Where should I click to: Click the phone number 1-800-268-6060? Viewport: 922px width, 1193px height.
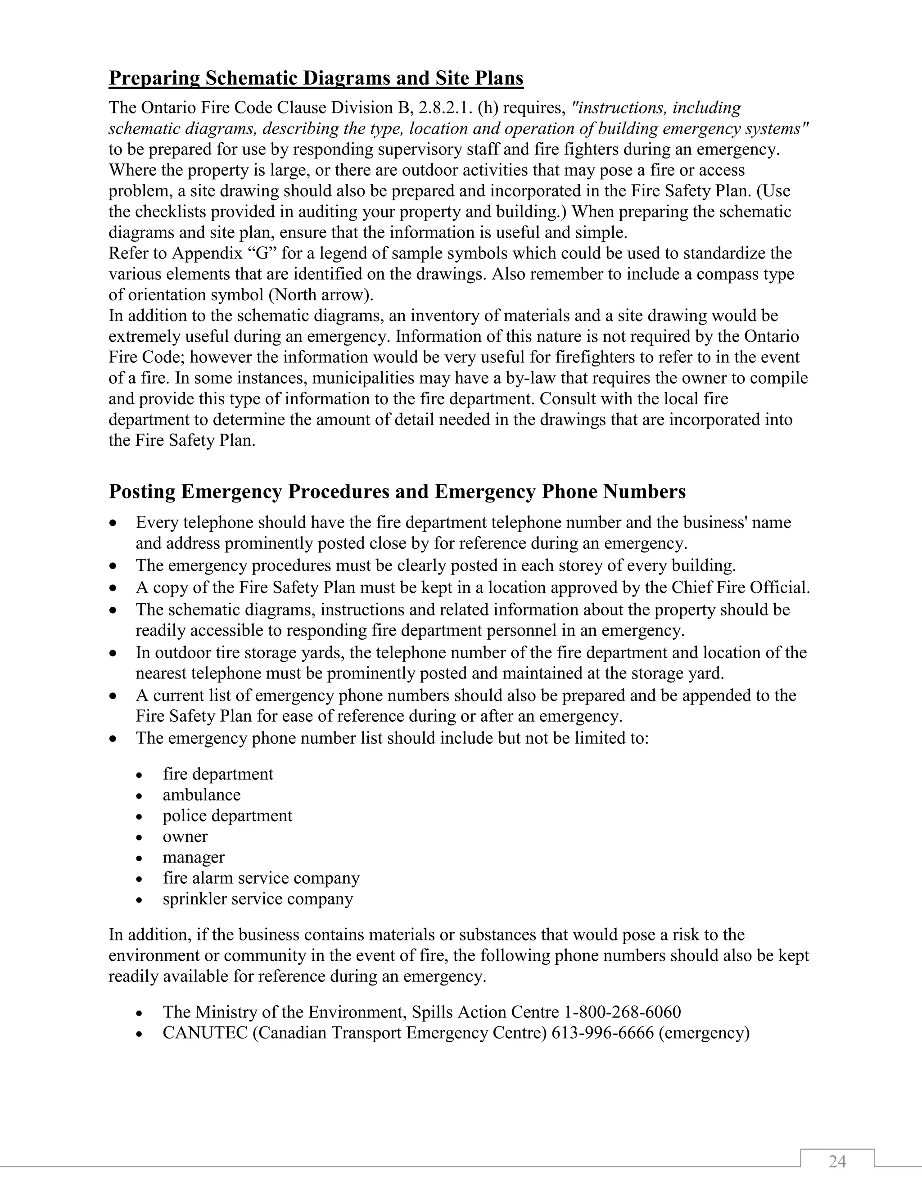[622, 1012]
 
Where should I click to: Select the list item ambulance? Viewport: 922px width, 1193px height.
[202, 795]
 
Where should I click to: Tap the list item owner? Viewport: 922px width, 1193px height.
[185, 836]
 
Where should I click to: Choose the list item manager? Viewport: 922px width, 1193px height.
[193, 857]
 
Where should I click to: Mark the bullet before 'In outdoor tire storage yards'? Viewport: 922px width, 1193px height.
[113, 653]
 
